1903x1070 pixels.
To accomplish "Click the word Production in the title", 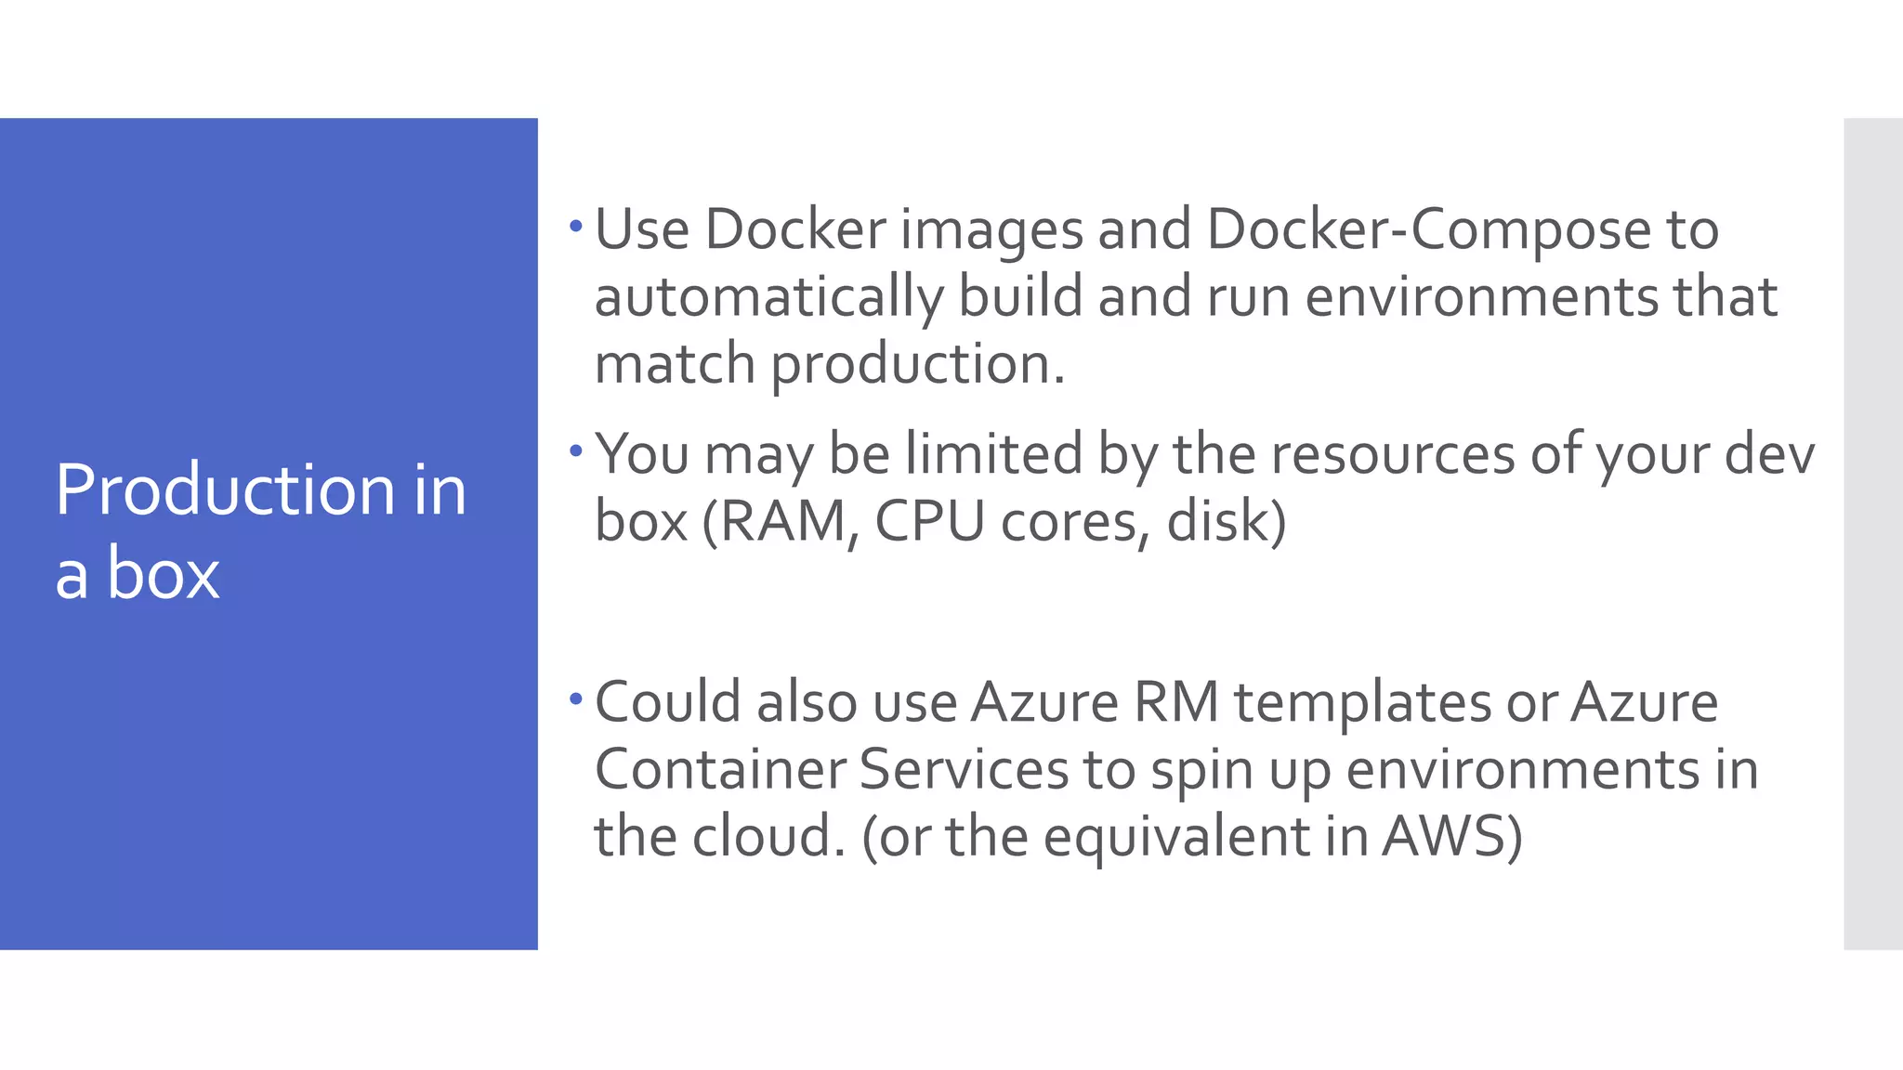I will [x=226, y=490].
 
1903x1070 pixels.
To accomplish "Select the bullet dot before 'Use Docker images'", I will [x=576, y=226].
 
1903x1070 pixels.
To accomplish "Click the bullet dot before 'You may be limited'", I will [x=576, y=451].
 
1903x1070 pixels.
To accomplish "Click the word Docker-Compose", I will [x=1428, y=228].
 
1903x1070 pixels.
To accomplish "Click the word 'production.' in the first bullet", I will [x=918, y=364].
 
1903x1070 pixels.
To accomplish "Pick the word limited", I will [x=993, y=454].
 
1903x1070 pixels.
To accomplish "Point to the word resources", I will [x=1392, y=454].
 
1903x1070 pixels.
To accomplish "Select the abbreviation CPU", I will [x=929, y=521].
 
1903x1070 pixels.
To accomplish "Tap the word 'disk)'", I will [x=1226, y=521].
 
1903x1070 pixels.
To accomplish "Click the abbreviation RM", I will [x=1175, y=702].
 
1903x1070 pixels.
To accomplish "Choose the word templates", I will [x=1362, y=704].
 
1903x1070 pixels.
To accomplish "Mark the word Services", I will [x=964, y=770].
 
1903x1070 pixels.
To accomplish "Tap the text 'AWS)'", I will [x=1451, y=837].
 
